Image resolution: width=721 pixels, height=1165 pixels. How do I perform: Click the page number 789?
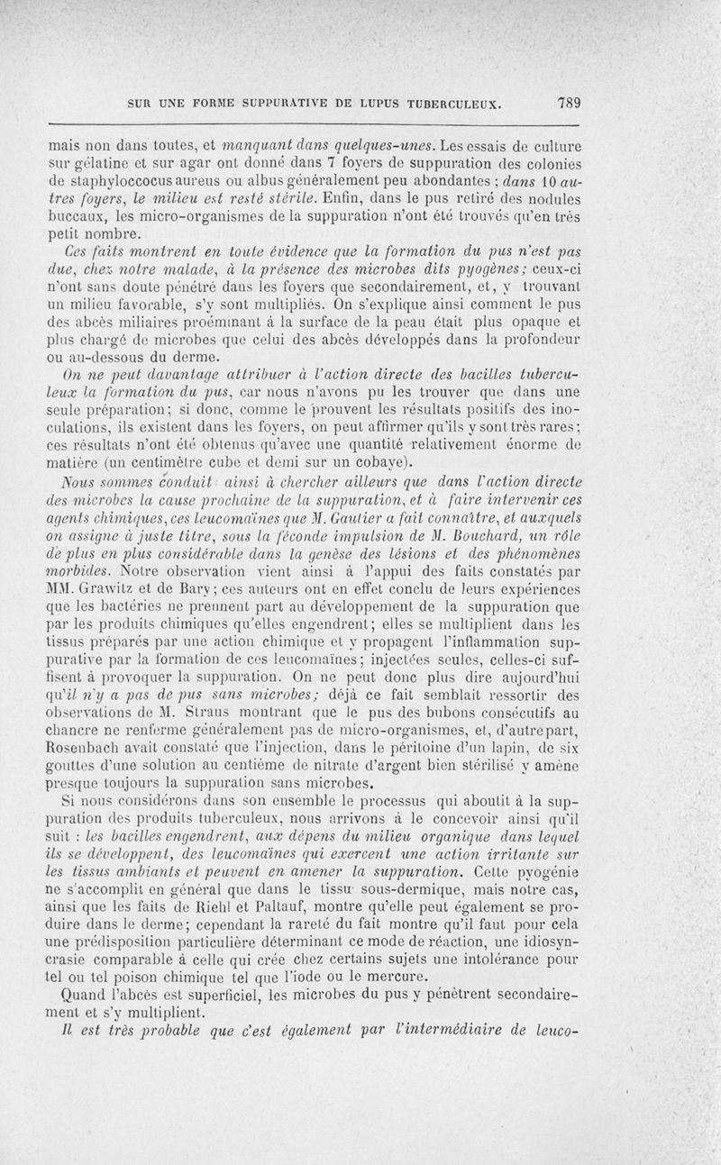(x=567, y=102)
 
